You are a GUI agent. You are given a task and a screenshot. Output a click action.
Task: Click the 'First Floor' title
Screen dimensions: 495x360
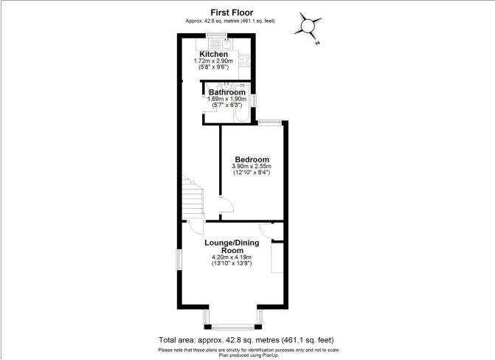pos(232,13)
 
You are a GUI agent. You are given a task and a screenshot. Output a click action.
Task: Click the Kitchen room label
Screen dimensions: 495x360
pos(213,54)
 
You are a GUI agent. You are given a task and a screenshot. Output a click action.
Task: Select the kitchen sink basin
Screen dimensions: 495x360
pos(226,44)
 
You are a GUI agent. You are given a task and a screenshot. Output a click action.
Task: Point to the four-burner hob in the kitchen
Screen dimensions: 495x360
pos(245,60)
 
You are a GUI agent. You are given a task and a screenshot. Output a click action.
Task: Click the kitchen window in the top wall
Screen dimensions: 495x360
pos(217,35)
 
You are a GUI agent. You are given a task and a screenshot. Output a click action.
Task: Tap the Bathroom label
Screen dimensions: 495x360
pos(227,92)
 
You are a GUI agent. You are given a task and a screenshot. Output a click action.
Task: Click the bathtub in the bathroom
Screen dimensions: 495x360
pos(242,112)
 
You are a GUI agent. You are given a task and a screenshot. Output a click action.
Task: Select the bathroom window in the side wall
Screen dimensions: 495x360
pos(254,101)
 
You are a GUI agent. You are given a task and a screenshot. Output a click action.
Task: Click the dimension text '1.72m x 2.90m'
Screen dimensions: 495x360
pos(213,61)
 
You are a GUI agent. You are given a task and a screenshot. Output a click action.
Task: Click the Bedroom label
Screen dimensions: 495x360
pos(252,159)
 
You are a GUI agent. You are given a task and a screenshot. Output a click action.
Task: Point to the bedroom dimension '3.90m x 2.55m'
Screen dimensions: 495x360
pos(252,166)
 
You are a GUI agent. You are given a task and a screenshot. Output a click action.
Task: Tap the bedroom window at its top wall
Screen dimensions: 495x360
pos(269,122)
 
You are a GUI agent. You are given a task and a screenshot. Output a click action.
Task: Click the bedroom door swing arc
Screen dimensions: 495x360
pos(231,204)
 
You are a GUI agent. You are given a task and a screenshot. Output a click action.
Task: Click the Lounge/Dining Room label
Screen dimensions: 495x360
pos(232,246)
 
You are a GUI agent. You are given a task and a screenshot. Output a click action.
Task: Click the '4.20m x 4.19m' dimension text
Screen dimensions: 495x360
pos(232,257)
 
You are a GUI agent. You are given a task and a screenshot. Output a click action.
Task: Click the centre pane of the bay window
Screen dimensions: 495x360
pos(233,327)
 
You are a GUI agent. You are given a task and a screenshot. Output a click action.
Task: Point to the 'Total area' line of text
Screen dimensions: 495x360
pos(246,340)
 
